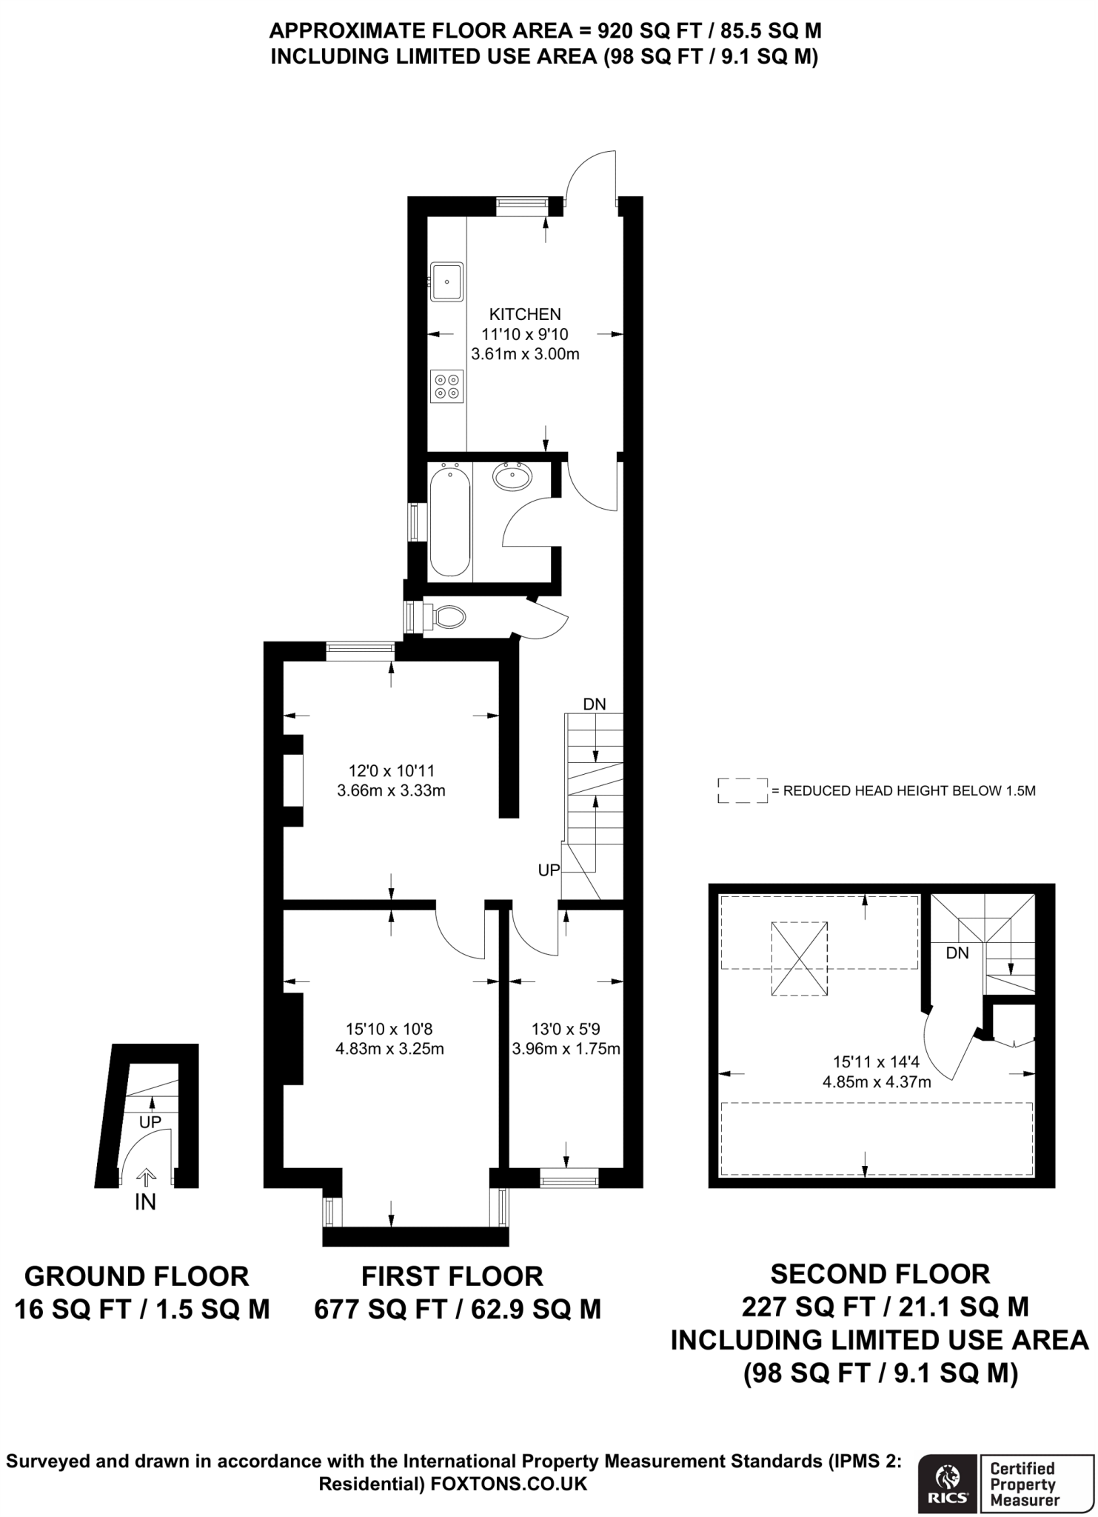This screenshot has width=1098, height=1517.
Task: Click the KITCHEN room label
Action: click(x=525, y=314)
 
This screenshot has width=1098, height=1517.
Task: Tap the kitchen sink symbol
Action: click(x=446, y=281)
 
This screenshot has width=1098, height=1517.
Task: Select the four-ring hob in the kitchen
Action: click(x=446, y=386)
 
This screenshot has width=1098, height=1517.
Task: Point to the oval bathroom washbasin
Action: click(x=512, y=476)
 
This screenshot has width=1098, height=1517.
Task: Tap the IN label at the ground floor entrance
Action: click(x=145, y=1203)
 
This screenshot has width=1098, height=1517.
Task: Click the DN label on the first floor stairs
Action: click(x=594, y=704)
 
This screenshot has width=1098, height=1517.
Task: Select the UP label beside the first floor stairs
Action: click(x=549, y=871)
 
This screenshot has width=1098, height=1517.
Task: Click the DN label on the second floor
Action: click(x=957, y=953)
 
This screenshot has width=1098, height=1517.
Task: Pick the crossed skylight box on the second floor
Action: click(x=800, y=958)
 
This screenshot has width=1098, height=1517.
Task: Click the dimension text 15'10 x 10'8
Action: click(x=389, y=1029)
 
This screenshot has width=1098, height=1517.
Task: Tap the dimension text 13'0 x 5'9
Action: click(x=566, y=1029)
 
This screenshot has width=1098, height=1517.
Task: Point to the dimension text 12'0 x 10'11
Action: click(x=391, y=770)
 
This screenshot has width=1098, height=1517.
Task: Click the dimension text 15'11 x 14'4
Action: click(x=877, y=1061)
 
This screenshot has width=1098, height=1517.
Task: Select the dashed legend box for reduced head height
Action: click(x=743, y=790)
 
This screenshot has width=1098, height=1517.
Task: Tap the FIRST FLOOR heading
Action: click(x=452, y=1276)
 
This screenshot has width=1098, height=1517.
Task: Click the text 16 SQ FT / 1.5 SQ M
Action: click(x=142, y=1310)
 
